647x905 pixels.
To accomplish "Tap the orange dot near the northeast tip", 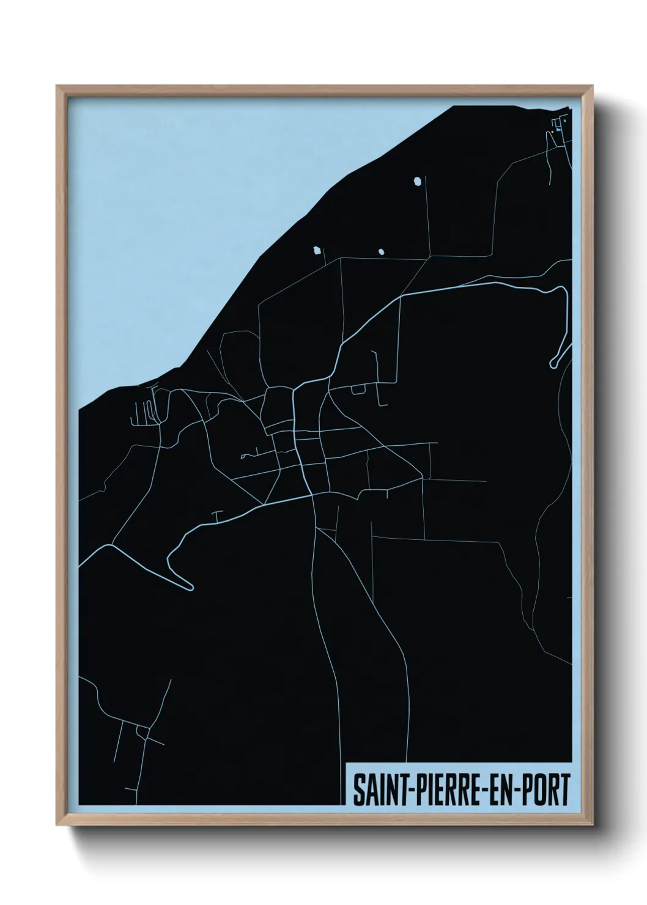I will [552, 131].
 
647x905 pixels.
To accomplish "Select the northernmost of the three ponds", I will [417, 181].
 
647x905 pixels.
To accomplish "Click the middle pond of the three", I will [381, 251].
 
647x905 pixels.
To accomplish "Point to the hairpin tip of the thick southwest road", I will [190, 588].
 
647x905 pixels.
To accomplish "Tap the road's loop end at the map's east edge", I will [553, 363].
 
